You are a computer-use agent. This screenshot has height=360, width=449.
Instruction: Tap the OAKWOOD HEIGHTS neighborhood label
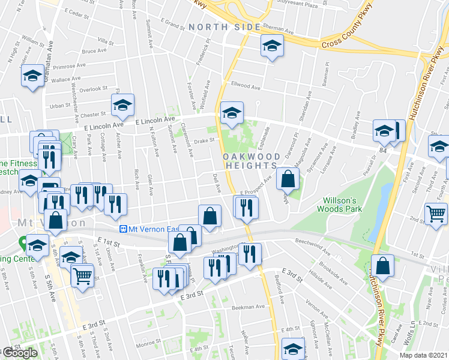point(250,160)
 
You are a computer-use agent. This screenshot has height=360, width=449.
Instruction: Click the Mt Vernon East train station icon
point(123,229)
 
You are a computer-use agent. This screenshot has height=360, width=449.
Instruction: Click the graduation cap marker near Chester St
point(122,106)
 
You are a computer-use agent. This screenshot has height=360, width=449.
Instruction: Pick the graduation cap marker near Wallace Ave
point(31,76)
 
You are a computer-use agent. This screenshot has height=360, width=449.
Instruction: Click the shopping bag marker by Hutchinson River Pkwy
point(382,265)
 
